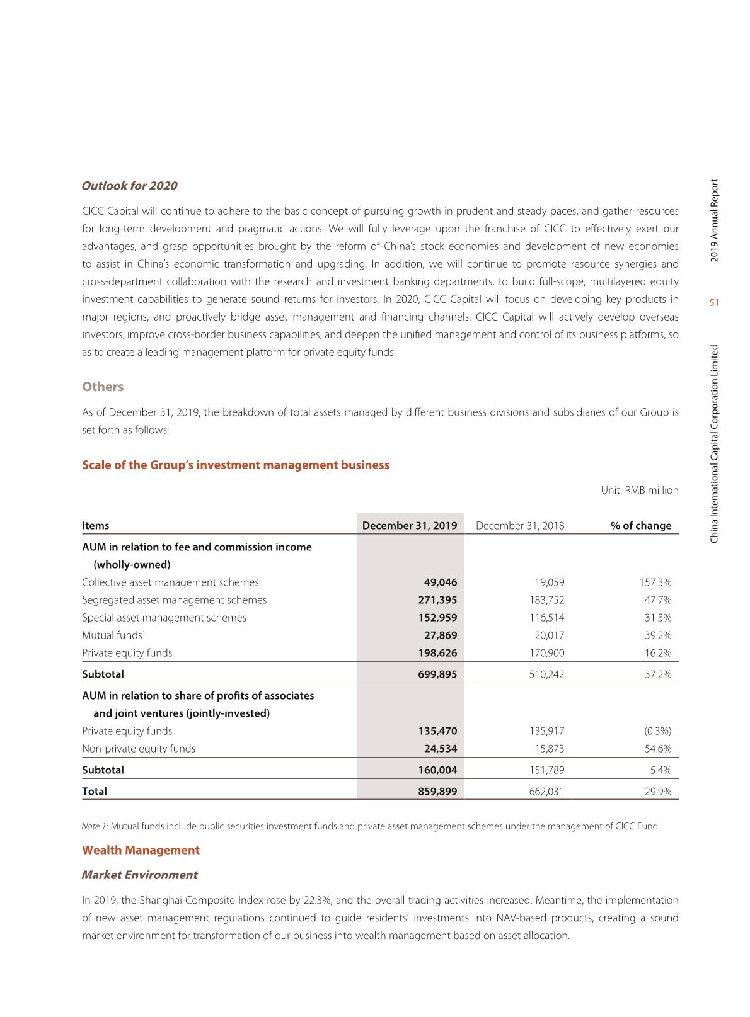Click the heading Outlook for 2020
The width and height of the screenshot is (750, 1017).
(129, 186)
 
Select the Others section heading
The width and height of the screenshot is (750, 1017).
(103, 387)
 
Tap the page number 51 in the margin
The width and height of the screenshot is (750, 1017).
(714, 303)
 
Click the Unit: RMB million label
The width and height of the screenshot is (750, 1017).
(640, 490)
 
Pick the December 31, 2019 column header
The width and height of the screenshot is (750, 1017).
(410, 526)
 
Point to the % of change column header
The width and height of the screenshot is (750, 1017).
(641, 526)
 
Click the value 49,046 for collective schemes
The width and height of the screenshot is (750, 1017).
(440, 582)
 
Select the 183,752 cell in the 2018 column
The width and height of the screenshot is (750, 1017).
(546, 600)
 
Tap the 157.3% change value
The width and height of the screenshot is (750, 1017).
(655, 582)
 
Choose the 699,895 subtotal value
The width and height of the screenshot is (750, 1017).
(437, 674)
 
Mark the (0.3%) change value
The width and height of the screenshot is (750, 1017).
(657, 731)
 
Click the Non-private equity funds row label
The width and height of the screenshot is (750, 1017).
(139, 749)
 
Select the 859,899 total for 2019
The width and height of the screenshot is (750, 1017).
(437, 792)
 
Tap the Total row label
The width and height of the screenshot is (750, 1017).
(95, 792)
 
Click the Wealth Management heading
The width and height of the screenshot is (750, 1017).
(141, 850)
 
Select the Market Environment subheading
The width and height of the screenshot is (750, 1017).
(139, 875)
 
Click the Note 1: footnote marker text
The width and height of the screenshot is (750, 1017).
(95, 826)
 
